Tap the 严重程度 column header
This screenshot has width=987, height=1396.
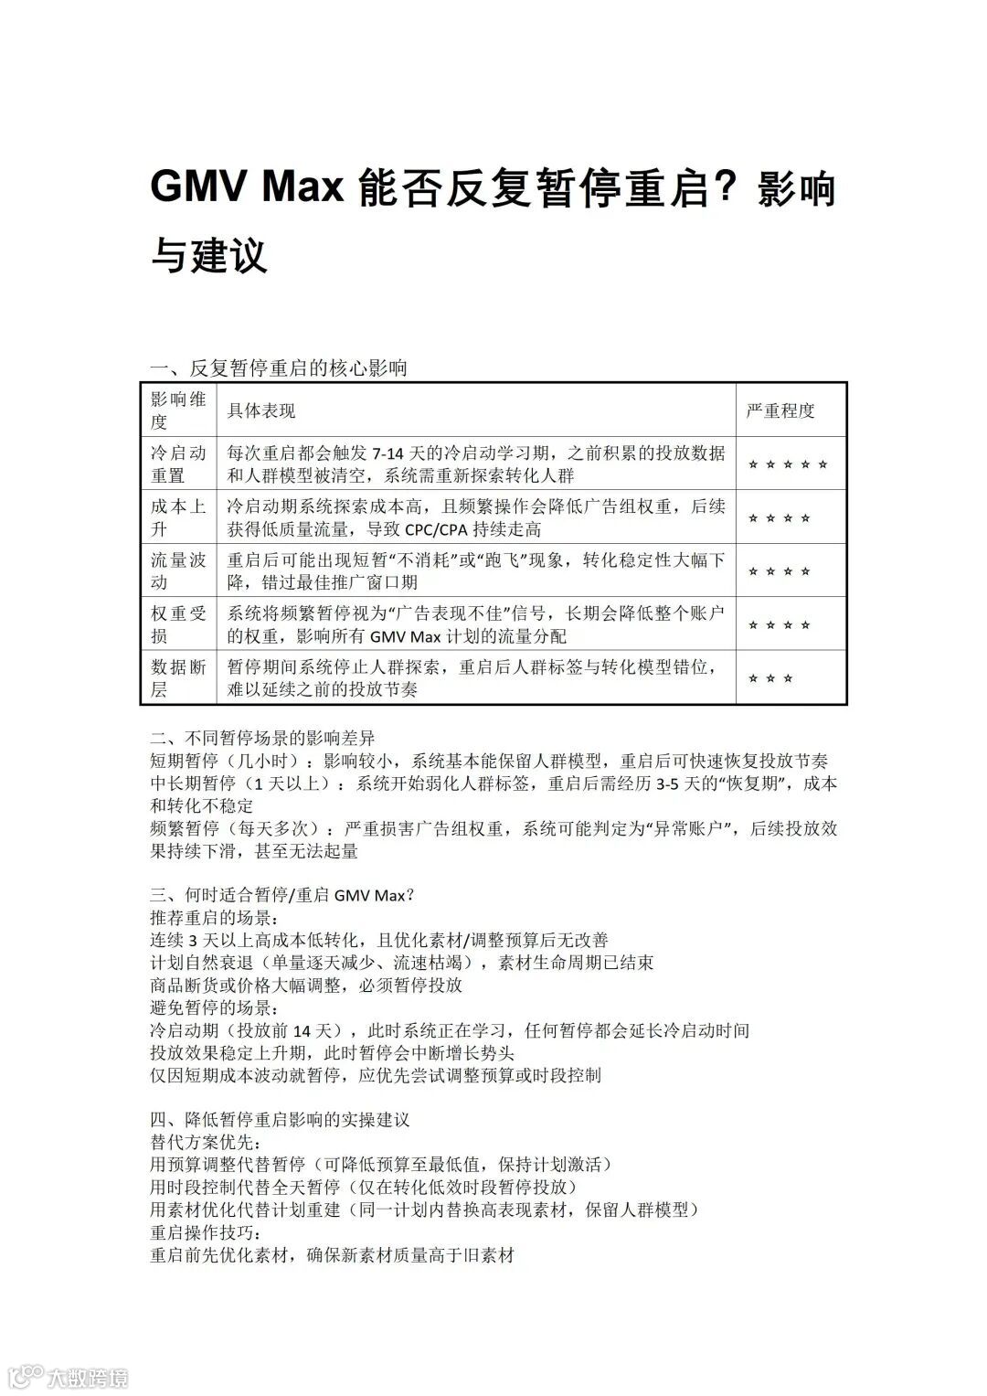(780, 410)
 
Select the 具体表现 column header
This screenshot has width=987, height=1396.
(261, 410)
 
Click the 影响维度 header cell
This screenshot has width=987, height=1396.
(178, 410)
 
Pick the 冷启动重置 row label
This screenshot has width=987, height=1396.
(178, 464)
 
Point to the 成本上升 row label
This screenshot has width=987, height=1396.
(178, 517)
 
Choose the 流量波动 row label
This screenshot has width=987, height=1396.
(178, 571)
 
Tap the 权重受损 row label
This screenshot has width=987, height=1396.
(178, 624)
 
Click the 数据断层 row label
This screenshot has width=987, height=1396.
(178, 678)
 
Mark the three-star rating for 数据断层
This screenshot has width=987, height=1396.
(770, 678)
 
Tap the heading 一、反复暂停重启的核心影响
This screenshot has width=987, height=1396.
(279, 368)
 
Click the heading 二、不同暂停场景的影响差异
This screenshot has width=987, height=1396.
(262, 738)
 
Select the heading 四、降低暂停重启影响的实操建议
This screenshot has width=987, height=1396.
(280, 1120)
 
